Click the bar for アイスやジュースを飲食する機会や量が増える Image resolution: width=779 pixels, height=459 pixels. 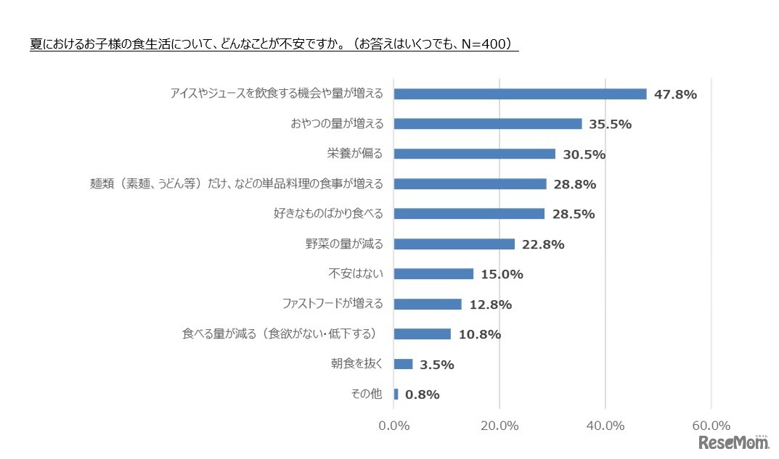click(x=519, y=94)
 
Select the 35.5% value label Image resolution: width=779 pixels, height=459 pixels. click(x=610, y=124)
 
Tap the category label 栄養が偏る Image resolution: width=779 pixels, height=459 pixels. click(x=354, y=153)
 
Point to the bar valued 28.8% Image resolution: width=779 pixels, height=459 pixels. click(x=469, y=184)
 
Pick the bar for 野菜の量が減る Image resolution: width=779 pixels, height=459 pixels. click(x=454, y=244)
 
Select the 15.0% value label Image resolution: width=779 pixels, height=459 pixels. click(x=501, y=275)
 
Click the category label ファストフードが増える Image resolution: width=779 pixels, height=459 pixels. click(x=332, y=304)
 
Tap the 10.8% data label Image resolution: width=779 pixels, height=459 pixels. click(x=479, y=335)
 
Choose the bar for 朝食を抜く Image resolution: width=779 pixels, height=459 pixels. click(x=403, y=364)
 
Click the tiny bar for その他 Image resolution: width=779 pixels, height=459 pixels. click(x=396, y=394)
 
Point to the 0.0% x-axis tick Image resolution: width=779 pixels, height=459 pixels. click(x=393, y=426)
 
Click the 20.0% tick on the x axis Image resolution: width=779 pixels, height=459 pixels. click(x=499, y=426)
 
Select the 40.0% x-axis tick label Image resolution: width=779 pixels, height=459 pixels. click(x=605, y=426)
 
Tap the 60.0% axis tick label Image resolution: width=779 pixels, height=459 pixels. click(x=711, y=426)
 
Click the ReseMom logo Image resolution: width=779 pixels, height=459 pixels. click(x=733, y=443)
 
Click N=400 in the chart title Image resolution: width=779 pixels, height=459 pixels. click(x=484, y=44)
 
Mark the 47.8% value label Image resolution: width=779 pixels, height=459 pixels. click(x=675, y=94)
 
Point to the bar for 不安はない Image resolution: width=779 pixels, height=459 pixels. click(x=433, y=274)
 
